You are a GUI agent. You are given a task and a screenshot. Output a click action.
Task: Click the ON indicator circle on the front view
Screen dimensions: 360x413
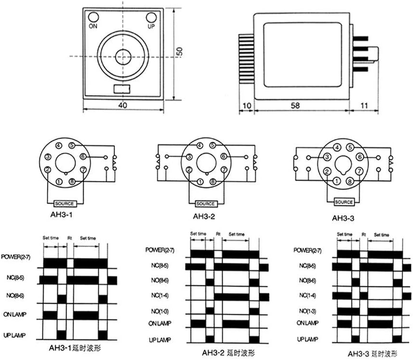[x=93, y=17]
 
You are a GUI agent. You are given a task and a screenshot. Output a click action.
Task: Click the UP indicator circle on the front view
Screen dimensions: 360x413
[x=151, y=17]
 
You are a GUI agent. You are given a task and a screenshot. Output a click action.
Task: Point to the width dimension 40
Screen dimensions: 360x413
[x=125, y=105]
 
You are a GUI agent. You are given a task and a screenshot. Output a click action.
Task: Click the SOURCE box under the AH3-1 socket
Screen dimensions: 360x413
[x=65, y=203]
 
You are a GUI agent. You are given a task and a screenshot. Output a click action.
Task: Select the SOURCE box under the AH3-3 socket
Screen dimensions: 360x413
[x=344, y=202]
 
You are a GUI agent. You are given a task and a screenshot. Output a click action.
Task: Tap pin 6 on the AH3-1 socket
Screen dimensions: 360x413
[x=83, y=156]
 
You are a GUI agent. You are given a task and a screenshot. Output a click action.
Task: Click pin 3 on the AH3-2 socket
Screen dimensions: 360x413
[x=189, y=156]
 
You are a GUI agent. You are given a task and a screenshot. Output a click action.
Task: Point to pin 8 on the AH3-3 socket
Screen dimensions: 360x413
[x=350, y=181]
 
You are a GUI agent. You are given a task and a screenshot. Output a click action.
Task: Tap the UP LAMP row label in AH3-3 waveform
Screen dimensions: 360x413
[x=307, y=339]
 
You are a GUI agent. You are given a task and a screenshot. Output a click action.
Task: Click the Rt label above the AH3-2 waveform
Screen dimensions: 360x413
[x=218, y=234]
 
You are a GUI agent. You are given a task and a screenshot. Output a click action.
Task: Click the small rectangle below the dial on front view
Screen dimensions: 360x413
[x=122, y=89]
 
